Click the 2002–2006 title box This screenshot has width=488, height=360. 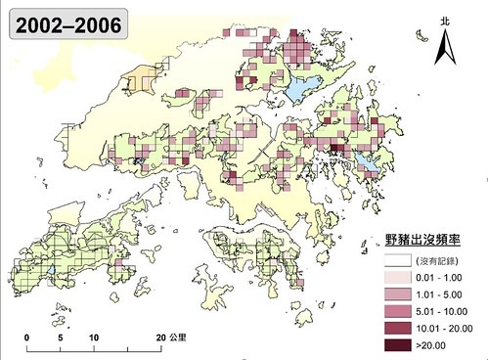click(x=66, y=24)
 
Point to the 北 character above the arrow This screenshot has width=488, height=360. click(x=445, y=20)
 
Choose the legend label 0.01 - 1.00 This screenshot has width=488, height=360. click(x=439, y=278)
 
